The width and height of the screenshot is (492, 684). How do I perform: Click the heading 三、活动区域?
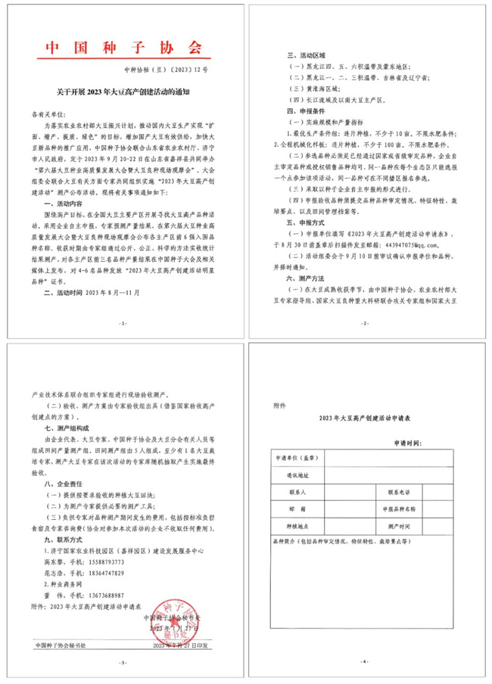click(x=301, y=57)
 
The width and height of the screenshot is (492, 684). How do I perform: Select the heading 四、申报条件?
click(x=301, y=110)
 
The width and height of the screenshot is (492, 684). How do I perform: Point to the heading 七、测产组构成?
click(x=62, y=427)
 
